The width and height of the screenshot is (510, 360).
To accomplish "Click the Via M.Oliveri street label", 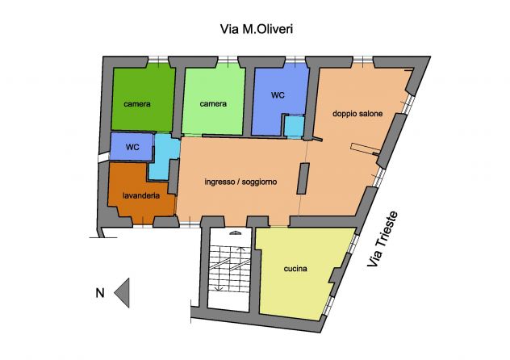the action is click(257, 29).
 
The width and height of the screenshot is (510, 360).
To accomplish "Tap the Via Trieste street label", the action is click(382, 239).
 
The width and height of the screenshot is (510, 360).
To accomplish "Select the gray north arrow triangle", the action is click(122, 293).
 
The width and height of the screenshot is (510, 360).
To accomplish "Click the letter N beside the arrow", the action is click(100, 293).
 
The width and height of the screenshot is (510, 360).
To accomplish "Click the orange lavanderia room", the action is click(140, 192).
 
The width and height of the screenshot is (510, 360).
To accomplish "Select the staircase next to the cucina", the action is click(230, 269).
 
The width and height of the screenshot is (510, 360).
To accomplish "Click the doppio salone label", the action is click(357, 114).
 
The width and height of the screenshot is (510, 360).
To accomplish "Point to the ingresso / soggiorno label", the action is click(240, 182).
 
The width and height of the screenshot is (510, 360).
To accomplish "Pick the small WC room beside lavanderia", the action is click(132, 146).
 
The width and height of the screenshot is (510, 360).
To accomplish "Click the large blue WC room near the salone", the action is click(278, 98).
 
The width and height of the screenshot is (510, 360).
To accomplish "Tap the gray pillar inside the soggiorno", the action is click(303, 179).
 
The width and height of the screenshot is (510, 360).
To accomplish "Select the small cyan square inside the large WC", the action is click(295, 127).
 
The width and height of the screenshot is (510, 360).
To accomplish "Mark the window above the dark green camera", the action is click(158, 60).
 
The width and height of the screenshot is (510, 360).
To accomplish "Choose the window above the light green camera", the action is click(228, 60).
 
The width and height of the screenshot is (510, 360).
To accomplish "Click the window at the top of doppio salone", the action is click(363, 60).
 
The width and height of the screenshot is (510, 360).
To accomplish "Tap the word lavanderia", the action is click(141, 195).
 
